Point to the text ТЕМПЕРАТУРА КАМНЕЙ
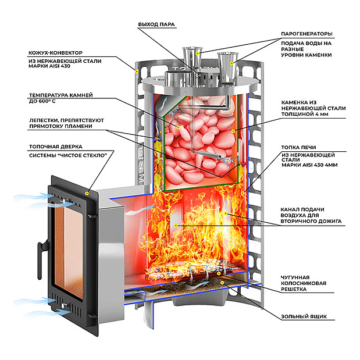coord(60,95)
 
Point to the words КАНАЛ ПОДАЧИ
coord(302,208)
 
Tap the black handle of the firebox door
coord(40,251)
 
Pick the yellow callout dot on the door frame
coord(87,191)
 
